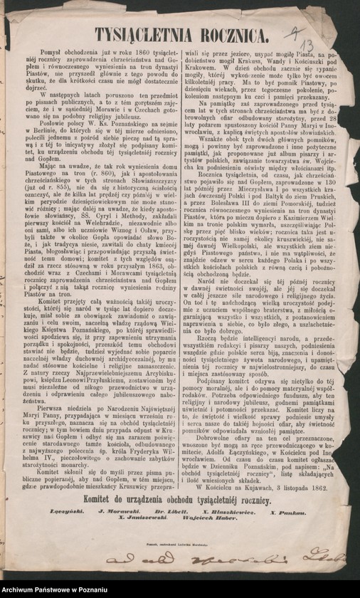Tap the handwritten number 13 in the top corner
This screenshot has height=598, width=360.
pos(308,48)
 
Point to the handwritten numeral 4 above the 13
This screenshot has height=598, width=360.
pos(292,32)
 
